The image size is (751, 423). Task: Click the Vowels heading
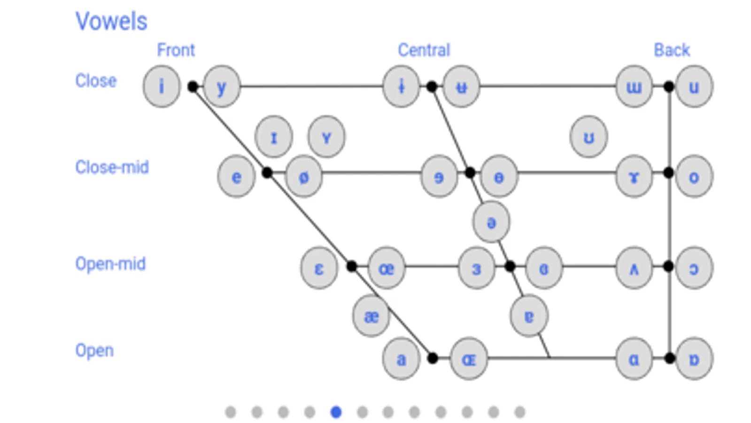(111, 22)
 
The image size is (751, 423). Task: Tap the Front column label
(176, 50)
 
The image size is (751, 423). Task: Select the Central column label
(424, 50)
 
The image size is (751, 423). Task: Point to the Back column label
(672, 50)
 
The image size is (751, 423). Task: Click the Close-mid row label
(112, 167)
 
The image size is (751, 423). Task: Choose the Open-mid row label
(110, 264)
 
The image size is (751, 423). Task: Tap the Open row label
(94, 351)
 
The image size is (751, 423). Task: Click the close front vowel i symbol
(162, 86)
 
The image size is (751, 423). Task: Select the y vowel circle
(222, 86)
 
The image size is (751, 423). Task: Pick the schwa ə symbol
(491, 222)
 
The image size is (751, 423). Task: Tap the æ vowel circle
(371, 316)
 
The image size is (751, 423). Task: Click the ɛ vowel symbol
(319, 268)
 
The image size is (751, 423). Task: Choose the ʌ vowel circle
(634, 268)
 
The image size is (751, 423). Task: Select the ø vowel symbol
(304, 177)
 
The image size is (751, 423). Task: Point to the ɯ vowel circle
(634, 86)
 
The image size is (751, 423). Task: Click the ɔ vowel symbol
(694, 268)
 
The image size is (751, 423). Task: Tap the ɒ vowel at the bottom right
(694, 359)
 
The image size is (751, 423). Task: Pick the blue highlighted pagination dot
(336, 412)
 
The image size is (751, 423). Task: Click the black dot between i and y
(193, 86)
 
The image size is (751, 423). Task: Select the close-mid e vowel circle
(236, 177)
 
